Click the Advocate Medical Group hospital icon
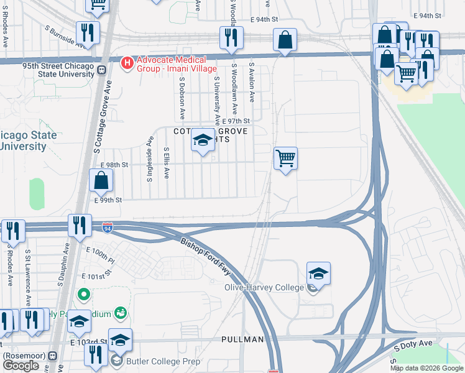point(128,63)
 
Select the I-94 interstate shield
point(108,228)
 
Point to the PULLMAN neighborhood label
point(242,339)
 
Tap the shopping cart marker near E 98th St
point(285,159)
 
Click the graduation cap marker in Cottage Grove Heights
point(202,142)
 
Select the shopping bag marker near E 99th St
point(101,182)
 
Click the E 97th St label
point(235,121)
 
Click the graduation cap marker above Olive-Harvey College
point(318,274)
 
